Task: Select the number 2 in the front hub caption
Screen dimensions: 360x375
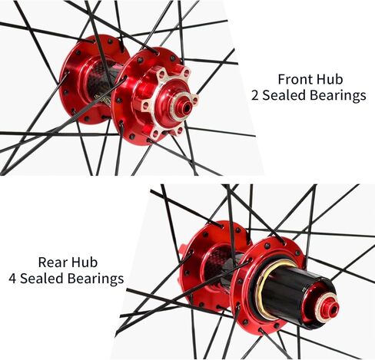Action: coord(255,96)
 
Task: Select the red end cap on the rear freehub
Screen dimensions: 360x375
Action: coord(327,309)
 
